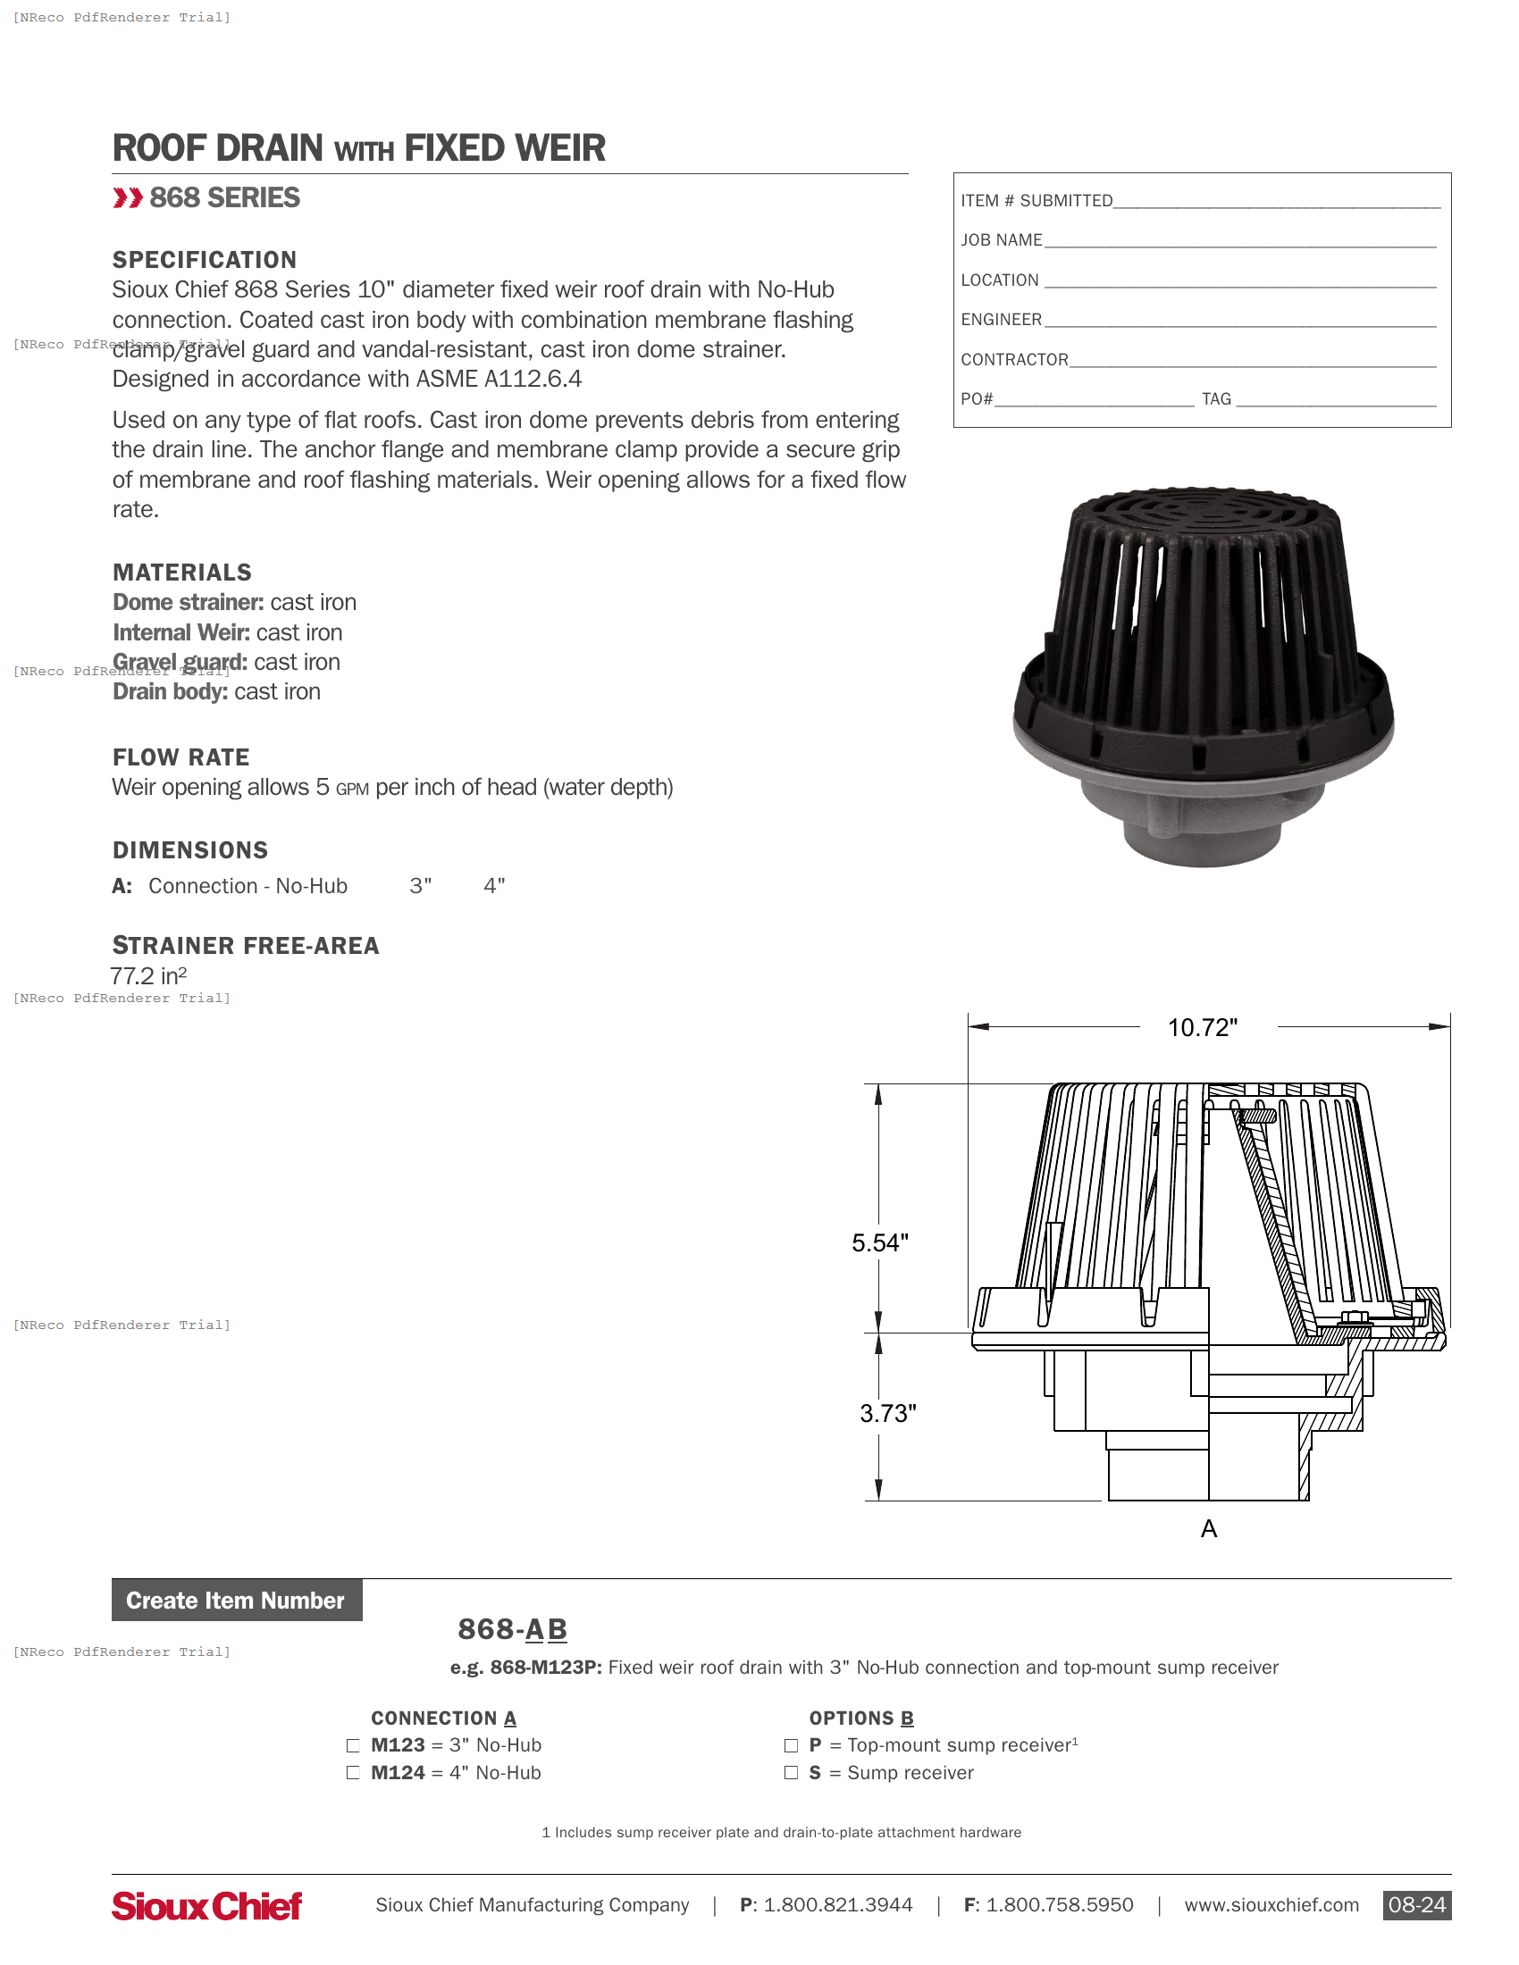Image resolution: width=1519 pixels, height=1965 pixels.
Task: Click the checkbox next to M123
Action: tap(353, 1745)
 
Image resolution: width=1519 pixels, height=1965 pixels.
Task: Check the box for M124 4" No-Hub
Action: tap(353, 1773)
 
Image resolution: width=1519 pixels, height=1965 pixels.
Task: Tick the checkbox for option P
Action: tap(791, 1745)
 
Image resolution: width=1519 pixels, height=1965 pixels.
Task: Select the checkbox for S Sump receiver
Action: tap(791, 1773)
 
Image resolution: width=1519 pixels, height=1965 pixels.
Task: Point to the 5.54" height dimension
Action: tap(880, 1243)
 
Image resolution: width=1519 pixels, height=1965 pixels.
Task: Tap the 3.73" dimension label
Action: tap(887, 1414)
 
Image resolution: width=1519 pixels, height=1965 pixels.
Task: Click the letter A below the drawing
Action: tap(1209, 1528)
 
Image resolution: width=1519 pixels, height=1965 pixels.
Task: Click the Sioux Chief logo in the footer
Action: tap(207, 1906)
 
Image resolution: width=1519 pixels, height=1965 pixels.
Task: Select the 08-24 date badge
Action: tap(1416, 1905)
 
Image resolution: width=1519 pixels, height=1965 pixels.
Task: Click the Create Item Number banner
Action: tap(236, 1601)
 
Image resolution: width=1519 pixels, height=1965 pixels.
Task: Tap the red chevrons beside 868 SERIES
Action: tap(128, 198)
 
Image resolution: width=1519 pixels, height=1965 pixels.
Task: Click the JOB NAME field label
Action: tap(1001, 240)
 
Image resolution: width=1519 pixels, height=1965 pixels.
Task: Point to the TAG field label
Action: tap(1216, 398)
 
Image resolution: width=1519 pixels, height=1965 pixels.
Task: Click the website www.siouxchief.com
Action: tap(1271, 1905)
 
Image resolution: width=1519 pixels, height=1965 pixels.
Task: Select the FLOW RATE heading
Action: tap(180, 757)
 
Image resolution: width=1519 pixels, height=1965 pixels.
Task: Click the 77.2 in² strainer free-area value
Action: tap(148, 976)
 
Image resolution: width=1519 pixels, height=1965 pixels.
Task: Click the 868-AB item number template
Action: tap(512, 1629)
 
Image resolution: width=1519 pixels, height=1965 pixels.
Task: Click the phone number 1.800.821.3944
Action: tap(837, 1905)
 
